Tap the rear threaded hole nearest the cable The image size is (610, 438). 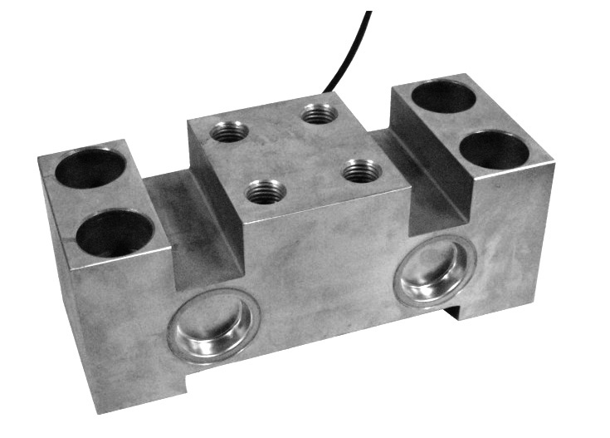[320, 112]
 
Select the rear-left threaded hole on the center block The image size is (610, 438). [230, 130]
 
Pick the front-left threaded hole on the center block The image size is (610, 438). [266, 192]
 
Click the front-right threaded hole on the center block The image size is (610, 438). [362, 171]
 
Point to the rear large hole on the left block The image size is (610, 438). [90, 168]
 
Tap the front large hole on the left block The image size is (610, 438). [115, 233]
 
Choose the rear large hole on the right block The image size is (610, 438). [444, 97]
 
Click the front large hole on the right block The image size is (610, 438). [494, 150]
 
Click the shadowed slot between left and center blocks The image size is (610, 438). [195, 224]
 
